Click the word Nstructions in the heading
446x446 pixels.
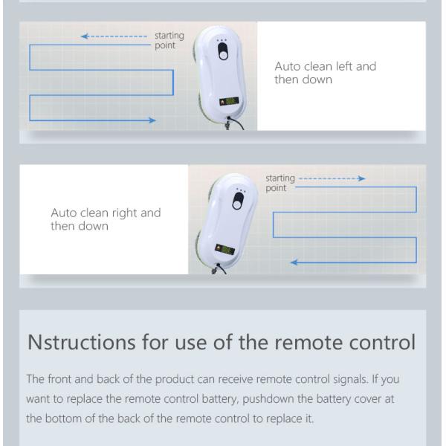click(x=81, y=342)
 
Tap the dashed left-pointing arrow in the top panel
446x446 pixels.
click(x=114, y=36)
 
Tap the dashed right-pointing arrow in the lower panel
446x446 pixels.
click(x=332, y=178)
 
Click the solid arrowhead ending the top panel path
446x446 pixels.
click(x=152, y=120)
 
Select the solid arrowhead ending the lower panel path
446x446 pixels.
click(x=294, y=262)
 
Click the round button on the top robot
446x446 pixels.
click(x=224, y=55)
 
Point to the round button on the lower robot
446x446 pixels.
click(x=236, y=204)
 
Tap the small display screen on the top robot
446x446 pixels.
click(x=229, y=101)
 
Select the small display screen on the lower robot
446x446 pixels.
click(x=224, y=250)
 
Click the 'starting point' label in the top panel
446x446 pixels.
click(x=169, y=40)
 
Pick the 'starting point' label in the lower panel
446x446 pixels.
click(x=280, y=183)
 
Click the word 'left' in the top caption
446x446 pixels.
click(x=344, y=66)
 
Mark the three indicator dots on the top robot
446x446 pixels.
click(x=222, y=40)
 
